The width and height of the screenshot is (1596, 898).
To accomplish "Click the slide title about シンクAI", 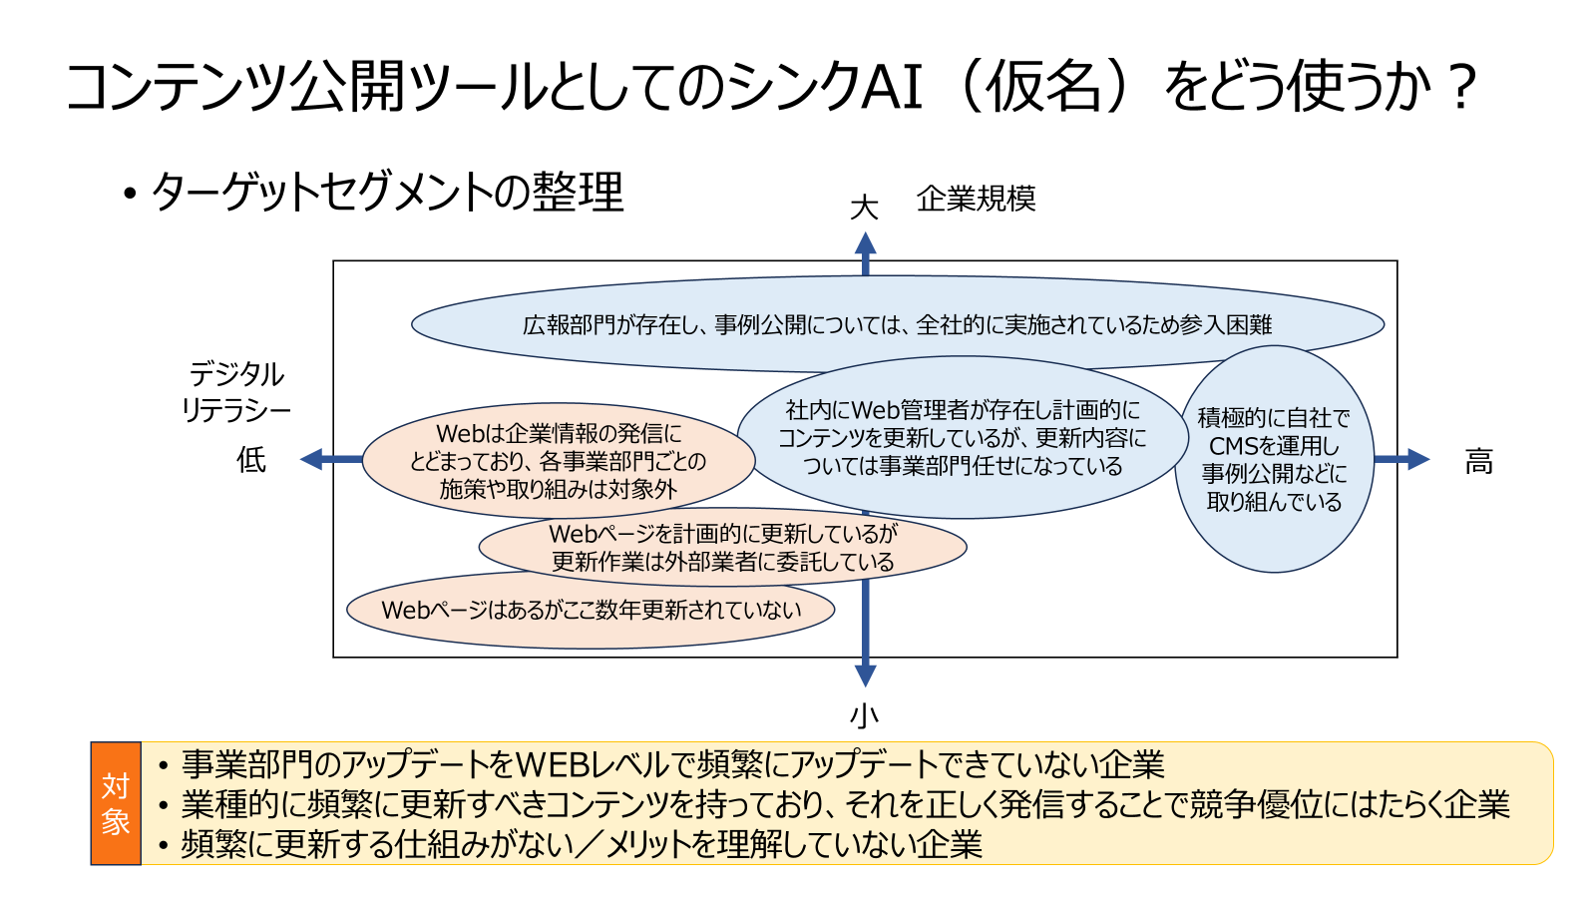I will click(768, 86).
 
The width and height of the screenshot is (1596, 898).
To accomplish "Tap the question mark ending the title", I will click(1461, 88).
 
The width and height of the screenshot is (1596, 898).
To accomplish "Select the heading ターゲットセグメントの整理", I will click(386, 192).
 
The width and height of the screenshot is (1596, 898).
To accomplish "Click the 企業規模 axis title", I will click(976, 199).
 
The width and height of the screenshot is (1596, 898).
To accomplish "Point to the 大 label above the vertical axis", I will click(864, 208).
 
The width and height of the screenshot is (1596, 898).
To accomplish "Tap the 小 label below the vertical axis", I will click(864, 714).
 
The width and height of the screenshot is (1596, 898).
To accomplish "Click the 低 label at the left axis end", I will click(251, 460).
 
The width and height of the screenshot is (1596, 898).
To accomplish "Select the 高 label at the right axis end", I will click(1478, 461).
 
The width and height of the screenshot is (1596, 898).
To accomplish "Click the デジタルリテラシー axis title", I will click(236, 391).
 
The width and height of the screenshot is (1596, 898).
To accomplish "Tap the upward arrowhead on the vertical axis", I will click(865, 244).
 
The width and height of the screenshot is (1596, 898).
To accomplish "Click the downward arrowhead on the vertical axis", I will click(865, 674).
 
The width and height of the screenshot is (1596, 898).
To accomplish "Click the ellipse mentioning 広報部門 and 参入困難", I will click(897, 324).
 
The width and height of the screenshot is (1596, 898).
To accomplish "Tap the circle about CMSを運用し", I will click(1274, 459).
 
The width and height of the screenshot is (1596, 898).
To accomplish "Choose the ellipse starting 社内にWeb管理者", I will click(963, 438).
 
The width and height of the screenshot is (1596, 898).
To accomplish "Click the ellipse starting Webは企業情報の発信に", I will click(558, 461).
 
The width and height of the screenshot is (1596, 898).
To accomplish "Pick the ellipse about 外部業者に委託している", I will click(722, 548).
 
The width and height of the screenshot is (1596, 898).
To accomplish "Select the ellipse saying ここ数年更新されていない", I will click(591, 610).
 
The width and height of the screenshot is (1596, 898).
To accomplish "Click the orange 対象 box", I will click(116, 803).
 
